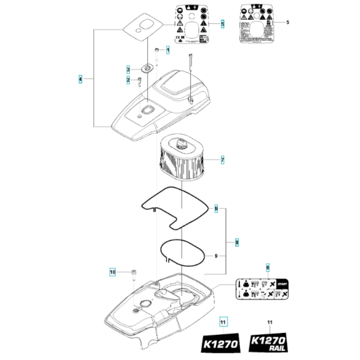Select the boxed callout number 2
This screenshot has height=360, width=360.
[128, 79]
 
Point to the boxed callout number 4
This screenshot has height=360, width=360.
[80, 78]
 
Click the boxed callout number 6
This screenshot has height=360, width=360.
[268, 266]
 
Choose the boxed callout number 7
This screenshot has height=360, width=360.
[222, 159]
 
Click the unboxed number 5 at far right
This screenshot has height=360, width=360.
[287, 22]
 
